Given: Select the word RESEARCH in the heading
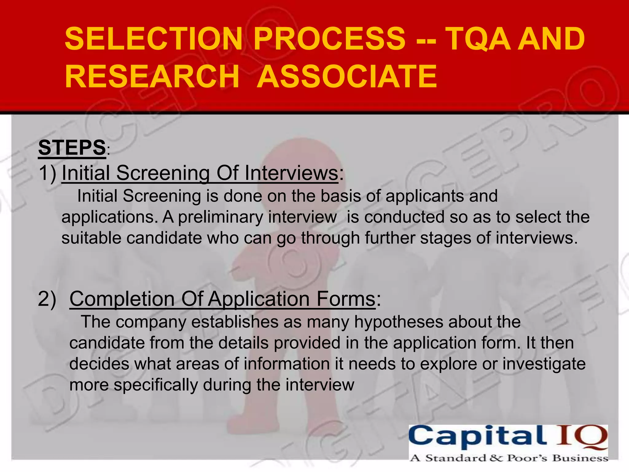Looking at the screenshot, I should point(152,76).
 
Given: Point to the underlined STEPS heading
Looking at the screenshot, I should point(72,147).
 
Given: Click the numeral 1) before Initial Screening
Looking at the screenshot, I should point(48,173).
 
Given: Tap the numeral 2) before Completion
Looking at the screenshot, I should point(47,299).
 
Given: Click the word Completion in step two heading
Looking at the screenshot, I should point(122,299).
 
